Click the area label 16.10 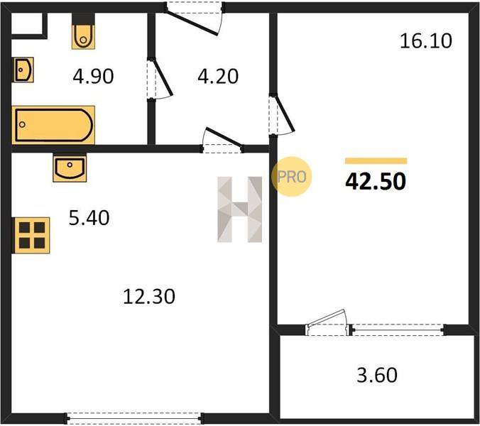426,41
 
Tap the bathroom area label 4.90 93,76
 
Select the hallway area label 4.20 218,76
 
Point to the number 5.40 89,218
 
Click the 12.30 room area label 149,296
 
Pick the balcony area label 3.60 377,375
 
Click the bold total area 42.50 376,181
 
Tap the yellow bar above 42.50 376,161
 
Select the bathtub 53,125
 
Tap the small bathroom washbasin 23,70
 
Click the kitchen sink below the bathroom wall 70,168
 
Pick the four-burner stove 31,235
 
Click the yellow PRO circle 291,177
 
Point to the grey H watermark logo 240,209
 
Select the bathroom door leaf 162,78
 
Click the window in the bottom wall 134,417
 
